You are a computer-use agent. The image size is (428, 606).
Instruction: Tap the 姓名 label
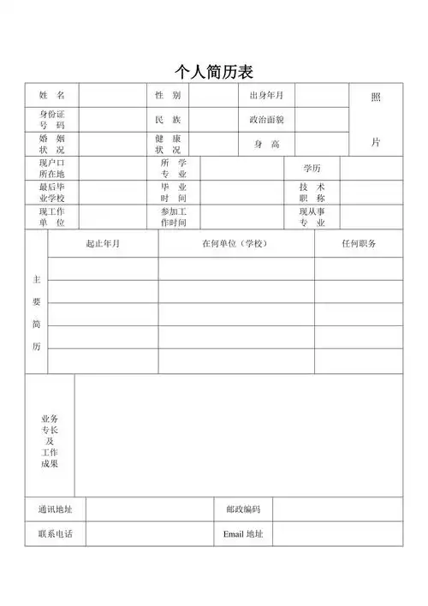(51, 95)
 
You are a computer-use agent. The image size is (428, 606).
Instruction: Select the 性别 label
(168, 95)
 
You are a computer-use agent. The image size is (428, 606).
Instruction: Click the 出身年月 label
(266, 95)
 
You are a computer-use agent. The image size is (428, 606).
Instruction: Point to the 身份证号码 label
(51, 119)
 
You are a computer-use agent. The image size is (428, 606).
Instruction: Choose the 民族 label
(168, 119)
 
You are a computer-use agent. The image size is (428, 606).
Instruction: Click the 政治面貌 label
(266, 119)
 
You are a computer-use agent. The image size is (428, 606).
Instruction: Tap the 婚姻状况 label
(51, 143)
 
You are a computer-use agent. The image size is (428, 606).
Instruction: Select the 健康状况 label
(168, 143)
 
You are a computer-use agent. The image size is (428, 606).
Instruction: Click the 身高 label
(266, 144)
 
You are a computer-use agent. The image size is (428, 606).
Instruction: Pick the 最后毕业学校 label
(51, 192)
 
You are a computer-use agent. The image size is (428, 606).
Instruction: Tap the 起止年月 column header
(103, 244)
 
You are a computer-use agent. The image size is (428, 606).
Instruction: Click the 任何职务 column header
(359, 244)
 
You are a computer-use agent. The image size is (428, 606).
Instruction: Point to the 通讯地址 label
(55, 509)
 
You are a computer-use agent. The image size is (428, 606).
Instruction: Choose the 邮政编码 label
(243, 509)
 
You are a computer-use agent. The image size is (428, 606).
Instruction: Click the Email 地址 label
(243, 534)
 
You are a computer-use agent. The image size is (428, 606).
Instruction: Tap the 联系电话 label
(55, 534)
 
